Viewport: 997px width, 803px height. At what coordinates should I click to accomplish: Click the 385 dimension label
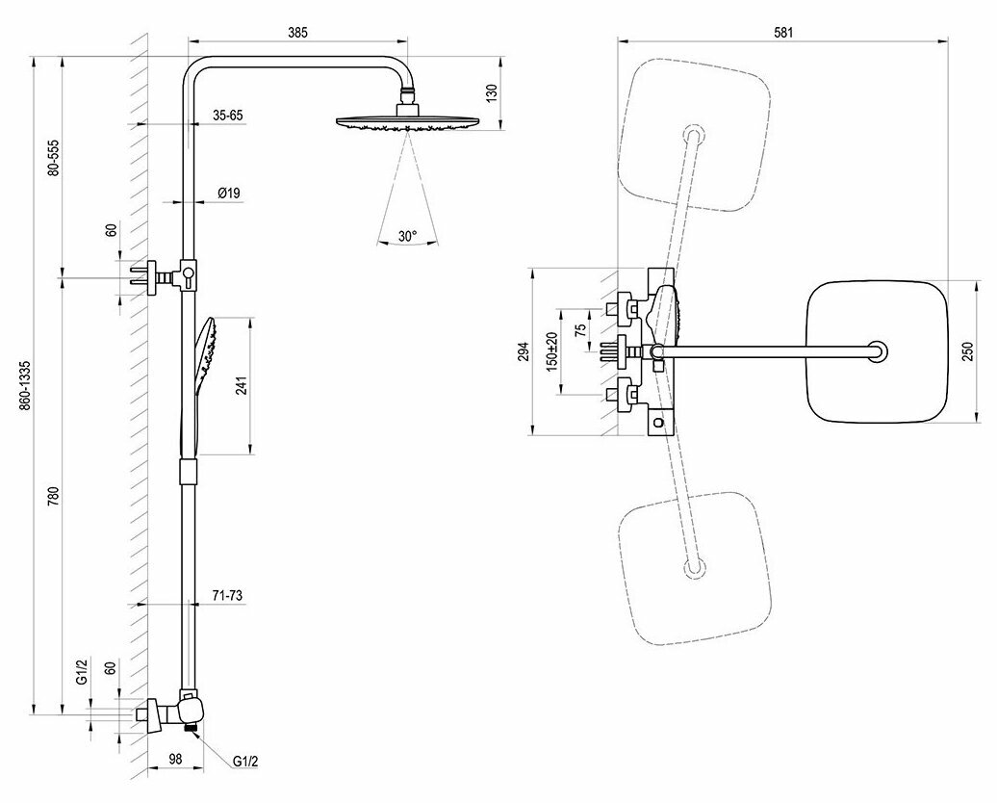pos(296,33)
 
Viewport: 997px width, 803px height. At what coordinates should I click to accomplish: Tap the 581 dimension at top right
pos(782,33)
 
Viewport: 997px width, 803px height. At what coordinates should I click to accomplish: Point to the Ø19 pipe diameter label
pos(229,194)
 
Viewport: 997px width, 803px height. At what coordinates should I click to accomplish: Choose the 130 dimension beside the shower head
pos(492,94)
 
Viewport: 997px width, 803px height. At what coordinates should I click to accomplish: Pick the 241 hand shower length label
pos(243,386)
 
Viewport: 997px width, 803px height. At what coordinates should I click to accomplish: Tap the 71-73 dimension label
pos(227,597)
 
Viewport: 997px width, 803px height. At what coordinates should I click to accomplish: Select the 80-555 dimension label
pos(55,157)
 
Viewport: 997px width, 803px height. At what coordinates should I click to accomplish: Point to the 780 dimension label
pos(55,497)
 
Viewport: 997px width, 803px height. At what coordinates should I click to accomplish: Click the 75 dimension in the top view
pos(578,329)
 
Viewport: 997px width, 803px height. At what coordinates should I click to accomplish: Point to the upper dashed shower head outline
pos(694,135)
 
